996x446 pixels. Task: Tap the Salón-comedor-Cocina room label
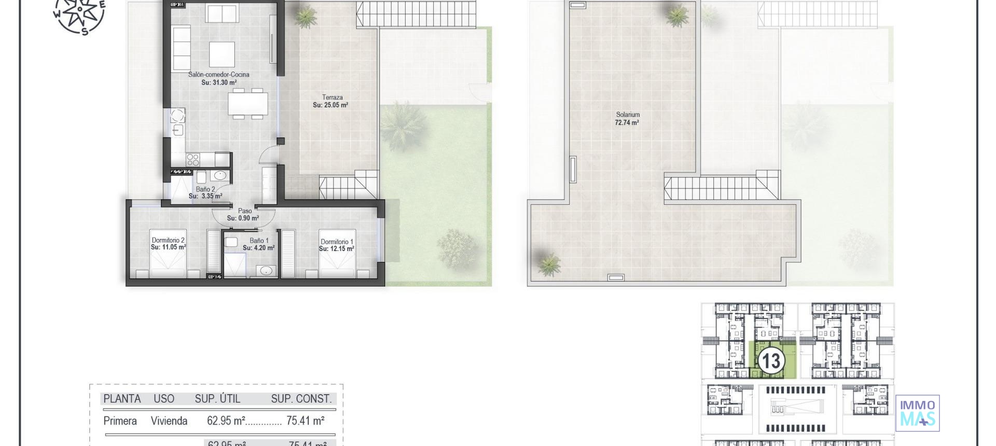click(218, 75)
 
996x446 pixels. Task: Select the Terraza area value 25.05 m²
click(330, 105)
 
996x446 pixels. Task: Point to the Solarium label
click(628, 115)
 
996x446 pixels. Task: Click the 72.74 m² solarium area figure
click(627, 123)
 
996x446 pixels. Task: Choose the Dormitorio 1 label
click(337, 242)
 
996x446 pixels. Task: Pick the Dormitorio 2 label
click(168, 240)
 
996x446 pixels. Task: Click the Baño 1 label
click(259, 241)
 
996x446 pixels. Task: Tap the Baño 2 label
click(205, 189)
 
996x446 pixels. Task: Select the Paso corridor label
click(245, 211)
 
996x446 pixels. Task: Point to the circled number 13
click(771, 361)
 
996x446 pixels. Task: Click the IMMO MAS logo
click(917, 413)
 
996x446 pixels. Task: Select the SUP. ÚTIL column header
click(217, 399)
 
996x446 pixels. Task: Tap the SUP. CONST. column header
click(301, 399)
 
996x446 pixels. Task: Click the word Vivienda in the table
click(169, 421)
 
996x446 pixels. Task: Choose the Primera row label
click(120, 421)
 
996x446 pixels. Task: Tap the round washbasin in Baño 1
click(267, 270)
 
